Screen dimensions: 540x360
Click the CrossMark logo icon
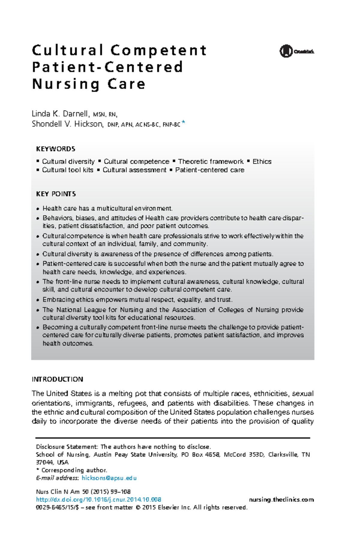tap(286, 51)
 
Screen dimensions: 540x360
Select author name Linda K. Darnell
tap(60, 114)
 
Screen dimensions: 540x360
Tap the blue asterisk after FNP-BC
tap(184, 123)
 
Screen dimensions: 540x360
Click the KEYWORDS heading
tap(55, 149)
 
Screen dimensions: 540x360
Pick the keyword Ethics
tap(262, 162)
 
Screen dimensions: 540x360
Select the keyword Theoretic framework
tap(211, 162)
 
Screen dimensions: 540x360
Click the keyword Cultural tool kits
tap(67, 170)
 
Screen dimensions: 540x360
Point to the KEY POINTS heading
tap(56, 194)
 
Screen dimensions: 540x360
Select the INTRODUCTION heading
tap(57, 379)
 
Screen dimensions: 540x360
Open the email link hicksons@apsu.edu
tap(109, 478)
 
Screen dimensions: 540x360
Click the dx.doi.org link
tap(98, 500)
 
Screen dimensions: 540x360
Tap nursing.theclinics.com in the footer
tap(281, 500)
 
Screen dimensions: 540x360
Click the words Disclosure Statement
tap(67, 447)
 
